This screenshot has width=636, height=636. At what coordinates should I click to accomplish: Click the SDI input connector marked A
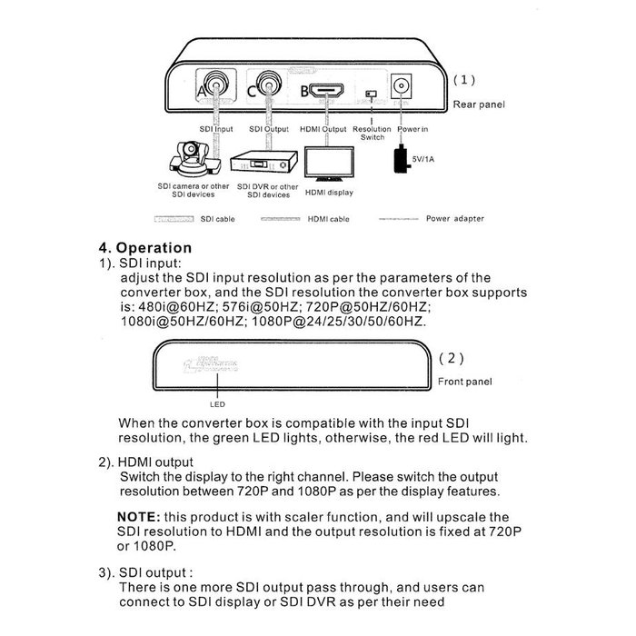[215, 88]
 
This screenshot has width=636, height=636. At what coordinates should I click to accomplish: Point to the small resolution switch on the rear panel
[370, 94]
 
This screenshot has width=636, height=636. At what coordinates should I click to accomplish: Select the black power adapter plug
[400, 161]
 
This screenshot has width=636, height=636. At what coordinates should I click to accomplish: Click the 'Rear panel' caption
[479, 104]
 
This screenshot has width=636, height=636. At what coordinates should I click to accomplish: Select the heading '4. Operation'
[145, 247]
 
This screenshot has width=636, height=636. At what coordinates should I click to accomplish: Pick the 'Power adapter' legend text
[454, 219]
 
